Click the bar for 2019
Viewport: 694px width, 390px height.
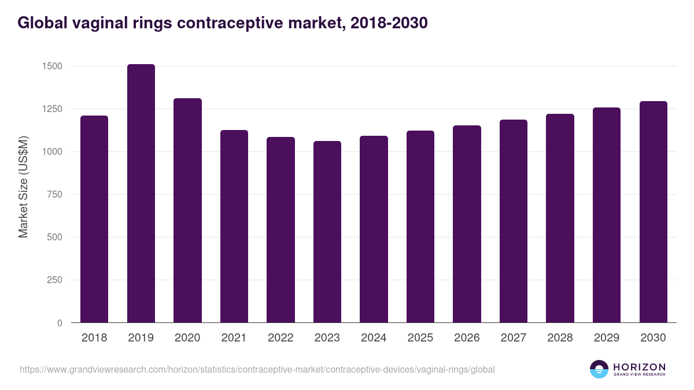[x=141, y=194]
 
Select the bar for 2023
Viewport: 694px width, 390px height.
[x=327, y=232]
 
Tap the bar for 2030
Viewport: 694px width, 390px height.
[x=654, y=212]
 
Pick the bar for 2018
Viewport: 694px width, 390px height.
[x=94, y=219]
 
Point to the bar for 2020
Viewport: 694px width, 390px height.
[x=188, y=210]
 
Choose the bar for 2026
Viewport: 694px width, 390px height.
[x=467, y=224]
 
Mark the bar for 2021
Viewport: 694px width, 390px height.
[x=234, y=226]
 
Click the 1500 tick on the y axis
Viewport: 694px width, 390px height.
[x=52, y=66]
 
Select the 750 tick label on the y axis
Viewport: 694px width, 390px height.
[x=55, y=195]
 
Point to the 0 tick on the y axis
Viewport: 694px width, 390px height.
[x=60, y=323]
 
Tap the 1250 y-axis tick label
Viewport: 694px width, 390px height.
[x=52, y=109]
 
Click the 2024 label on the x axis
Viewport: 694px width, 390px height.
[x=374, y=338]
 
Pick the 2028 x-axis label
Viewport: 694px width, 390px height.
[x=560, y=338]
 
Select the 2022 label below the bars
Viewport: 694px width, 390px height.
[x=280, y=338]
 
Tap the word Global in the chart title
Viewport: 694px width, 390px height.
[x=42, y=23]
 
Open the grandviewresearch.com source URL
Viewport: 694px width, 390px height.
[x=257, y=369]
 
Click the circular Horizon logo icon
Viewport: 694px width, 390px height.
[x=599, y=369]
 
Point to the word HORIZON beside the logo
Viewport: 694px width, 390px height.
[x=639, y=366]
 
